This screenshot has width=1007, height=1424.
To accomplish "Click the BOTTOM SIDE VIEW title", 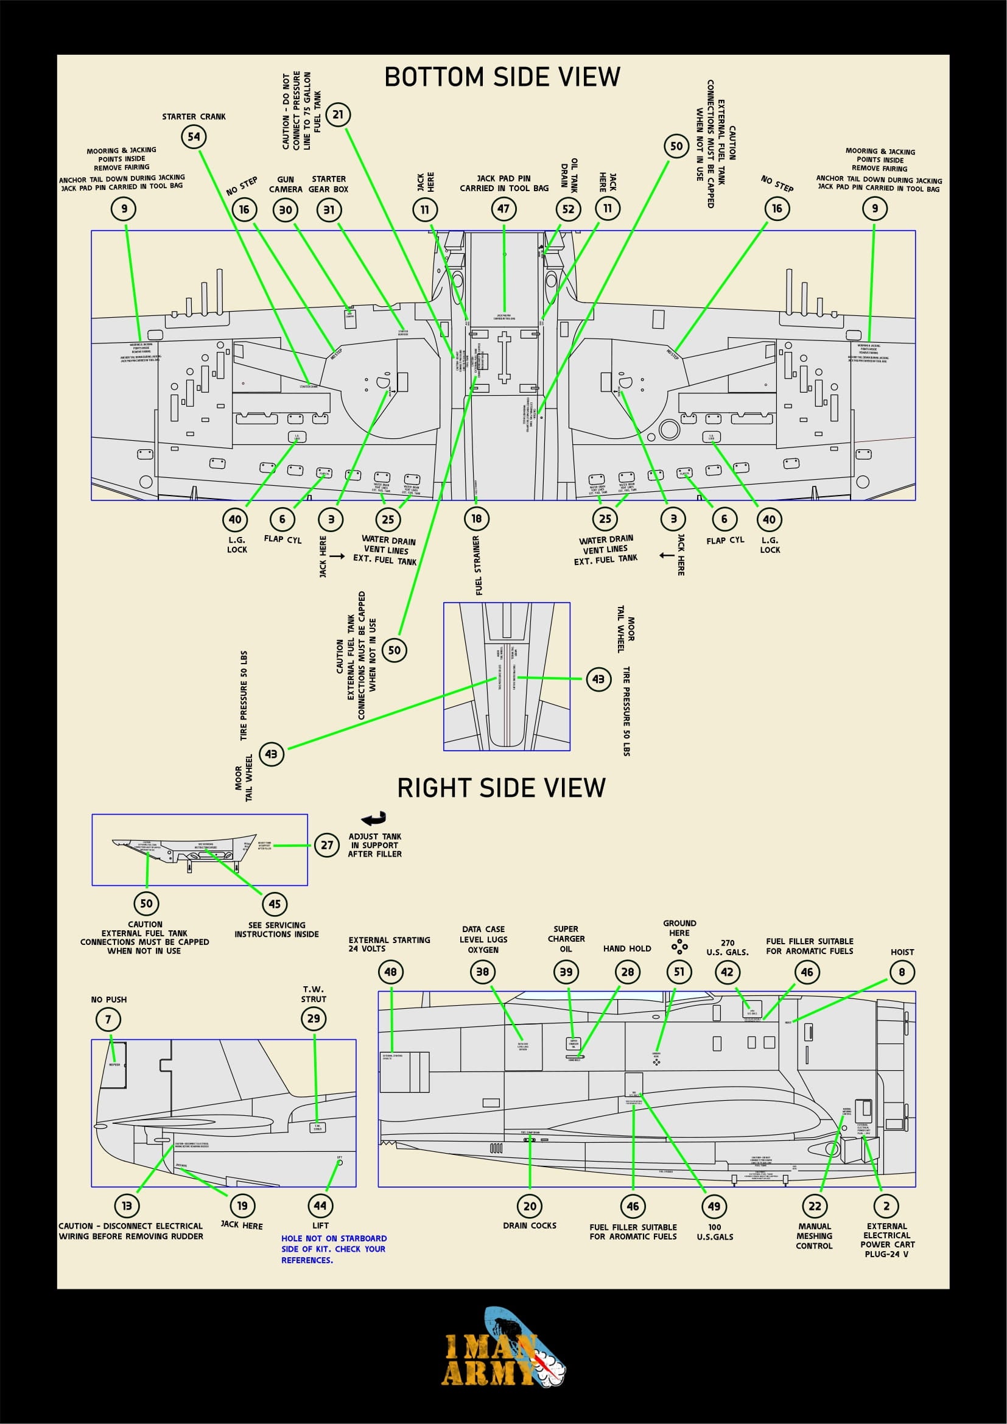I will pyautogui.click(x=502, y=77).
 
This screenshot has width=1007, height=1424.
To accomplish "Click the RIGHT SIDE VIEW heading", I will pyautogui.click(x=501, y=788).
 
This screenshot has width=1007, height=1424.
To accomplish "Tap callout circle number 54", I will pyautogui.click(x=194, y=136).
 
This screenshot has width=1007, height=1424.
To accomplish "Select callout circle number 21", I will pyautogui.click(x=338, y=114).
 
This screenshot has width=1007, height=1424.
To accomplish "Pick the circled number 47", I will pyautogui.click(x=503, y=209).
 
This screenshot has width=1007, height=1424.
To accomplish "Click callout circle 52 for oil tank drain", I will pyautogui.click(x=568, y=209).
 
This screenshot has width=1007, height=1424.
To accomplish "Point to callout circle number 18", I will pyautogui.click(x=476, y=519).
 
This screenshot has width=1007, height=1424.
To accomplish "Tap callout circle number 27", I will pyautogui.click(x=327, y=845).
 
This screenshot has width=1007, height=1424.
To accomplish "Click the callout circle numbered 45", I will pyautogui.click(x=275, y=904).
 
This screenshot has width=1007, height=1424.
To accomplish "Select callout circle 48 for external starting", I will pyautogui.click(x=391, y=972).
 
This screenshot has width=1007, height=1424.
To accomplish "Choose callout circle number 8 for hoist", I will pyautogui.click(x=902, y=972).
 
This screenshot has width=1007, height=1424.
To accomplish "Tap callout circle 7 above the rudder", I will pyautogui.click(x=108, y=1019).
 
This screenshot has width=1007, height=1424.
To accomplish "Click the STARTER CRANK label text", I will pyautogui.click(x=194, y=117).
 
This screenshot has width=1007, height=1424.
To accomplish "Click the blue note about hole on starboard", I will pyautogui.click(x=334, y=1249).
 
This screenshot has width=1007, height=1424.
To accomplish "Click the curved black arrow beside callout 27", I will pyautogui.click(x=374, y=819).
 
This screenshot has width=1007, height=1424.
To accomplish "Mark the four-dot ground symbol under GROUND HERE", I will pyautogui.click(x=679, y=947).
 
